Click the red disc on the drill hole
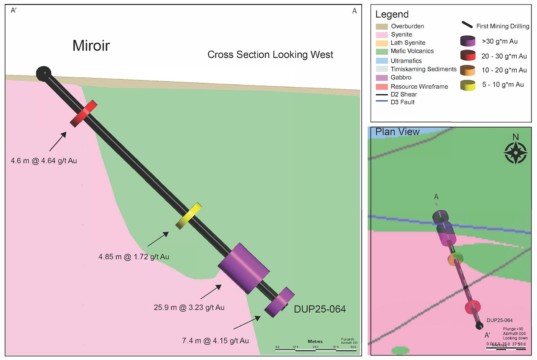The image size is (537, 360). tap(84, 113)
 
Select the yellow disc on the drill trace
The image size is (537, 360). tap(189, 216)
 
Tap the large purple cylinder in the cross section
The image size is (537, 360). tap(244, 268)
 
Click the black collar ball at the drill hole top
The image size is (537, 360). tap(44, 73)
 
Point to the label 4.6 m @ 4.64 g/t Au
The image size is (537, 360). tap(44, 161)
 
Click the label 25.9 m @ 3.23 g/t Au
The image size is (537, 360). tap(189, 307)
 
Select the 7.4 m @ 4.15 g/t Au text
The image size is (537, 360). tap(215, 340)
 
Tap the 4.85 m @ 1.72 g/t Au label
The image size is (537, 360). tap(134, 257)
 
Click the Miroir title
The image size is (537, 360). tap(91, 46)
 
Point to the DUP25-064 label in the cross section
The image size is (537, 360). tap(320, 309)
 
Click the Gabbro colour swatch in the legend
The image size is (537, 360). tap(382, 78)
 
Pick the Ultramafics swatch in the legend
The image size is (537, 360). tap(382, 61)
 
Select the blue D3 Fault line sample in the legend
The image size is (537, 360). tap(382, 101)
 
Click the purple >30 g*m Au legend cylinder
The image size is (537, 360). tap(468, 41)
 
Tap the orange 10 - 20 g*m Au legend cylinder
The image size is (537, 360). tap(468, 71)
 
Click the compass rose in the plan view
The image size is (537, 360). tap(516, 152)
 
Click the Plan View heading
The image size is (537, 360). tap(397, 132)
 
